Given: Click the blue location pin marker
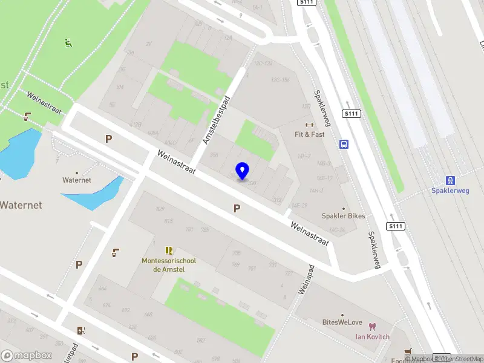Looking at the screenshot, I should tap(242, 171).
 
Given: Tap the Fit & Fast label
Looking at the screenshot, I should tap(310, 134).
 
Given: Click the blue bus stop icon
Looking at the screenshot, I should tap(344, 144).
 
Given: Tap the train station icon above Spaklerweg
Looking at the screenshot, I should tap(450, 180).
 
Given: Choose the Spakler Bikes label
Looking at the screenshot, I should tap(343, 216).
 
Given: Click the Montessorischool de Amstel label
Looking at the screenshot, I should tap(169, 265).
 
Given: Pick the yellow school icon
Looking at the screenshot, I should tap(169, 250).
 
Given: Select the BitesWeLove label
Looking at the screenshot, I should tap(342, 322).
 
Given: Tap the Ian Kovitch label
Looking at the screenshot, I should tap(372, 336).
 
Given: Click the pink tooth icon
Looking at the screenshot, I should tap(372, 326).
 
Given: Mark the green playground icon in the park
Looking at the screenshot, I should tap(68, 43).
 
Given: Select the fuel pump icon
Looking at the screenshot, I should tap(82, 330).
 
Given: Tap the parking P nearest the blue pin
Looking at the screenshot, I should tap(237, 208).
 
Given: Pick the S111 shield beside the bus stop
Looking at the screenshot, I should tap(352, 114).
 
